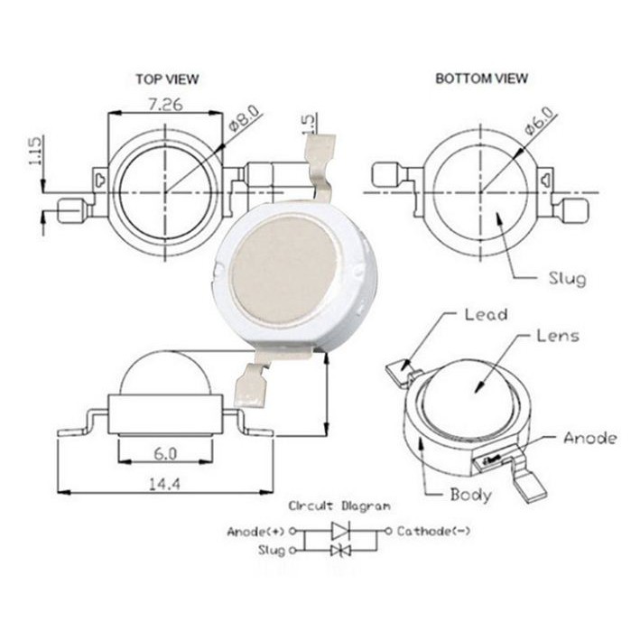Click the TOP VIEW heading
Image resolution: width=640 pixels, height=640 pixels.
point(167,79)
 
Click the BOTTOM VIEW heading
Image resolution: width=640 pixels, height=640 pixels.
point(482,79)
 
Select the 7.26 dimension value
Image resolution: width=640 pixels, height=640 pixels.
point(165,105)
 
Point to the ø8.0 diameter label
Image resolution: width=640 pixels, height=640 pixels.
point(244,117)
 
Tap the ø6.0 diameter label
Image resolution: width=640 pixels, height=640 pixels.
point(541,121)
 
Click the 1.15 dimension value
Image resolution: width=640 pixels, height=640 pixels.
point(35,151)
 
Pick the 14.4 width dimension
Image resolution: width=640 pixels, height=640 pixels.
point(164,484)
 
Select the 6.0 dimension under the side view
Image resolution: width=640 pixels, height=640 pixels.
point(165,453)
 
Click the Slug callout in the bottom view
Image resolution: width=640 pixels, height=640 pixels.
point(568,279)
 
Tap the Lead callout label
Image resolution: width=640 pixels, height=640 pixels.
point(487,315)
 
